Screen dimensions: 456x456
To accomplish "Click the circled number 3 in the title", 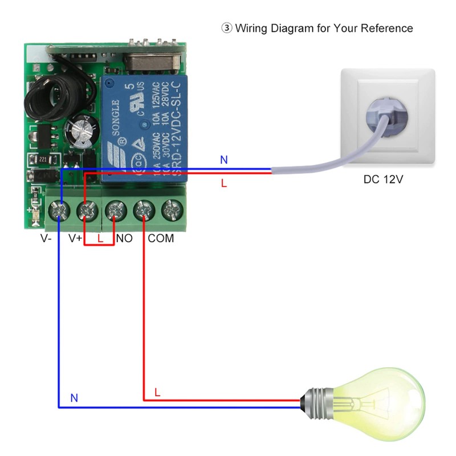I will tap(226, 28).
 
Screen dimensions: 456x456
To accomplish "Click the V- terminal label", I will tap(46, 239).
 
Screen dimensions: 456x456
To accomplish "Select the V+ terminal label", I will tap(75, 239).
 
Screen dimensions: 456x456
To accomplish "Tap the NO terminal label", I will tap(124, 239).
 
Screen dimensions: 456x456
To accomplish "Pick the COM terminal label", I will tap(161, 239).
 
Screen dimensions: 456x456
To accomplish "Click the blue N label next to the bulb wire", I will tap(74, 398).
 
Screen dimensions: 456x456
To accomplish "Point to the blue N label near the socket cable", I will tap(224, 160).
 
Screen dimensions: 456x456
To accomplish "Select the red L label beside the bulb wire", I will tap(158, 393).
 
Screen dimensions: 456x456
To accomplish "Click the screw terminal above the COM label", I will tap(143, 212).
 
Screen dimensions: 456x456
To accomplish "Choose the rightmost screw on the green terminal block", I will tap(171, 212).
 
